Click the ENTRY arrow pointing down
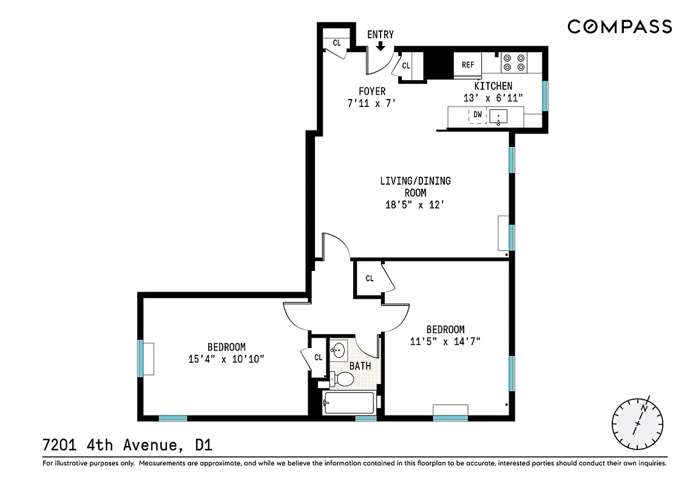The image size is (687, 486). tap(381, 46)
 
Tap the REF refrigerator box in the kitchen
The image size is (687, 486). tap(468, 65)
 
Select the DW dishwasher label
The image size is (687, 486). tap(478, 115)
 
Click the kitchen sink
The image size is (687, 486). tap(499, 116)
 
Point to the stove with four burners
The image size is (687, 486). tap(513, 63)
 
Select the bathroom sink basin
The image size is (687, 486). tap(339, 351)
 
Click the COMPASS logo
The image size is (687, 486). tap(620, 26)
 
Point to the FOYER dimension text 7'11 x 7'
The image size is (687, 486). tap(371, 103)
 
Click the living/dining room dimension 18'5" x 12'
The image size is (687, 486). tap(415, 205)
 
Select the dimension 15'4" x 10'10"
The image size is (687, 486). tap(226, 359)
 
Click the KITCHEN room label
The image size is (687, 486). tap(493, 86)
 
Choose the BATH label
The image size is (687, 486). tap(360, 366)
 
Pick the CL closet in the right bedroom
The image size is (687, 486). tap(370, 278)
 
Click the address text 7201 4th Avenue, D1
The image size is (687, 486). tap(127, 445)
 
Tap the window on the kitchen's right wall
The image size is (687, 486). tap(545, 96)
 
